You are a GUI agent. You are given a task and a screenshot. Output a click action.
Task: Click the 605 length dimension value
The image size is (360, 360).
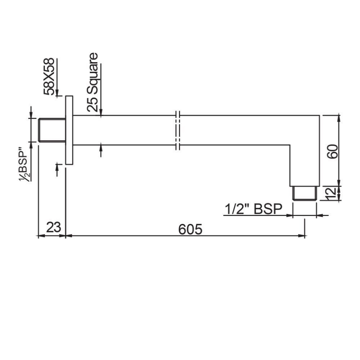click(x=190, y=229)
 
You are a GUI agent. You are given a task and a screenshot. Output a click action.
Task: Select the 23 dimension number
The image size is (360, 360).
click(x=54, y=227)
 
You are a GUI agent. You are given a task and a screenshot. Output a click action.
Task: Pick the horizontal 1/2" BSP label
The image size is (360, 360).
click(x=253, y=209)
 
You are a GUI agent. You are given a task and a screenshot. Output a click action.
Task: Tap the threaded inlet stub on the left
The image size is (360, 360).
click(x=52, y=130)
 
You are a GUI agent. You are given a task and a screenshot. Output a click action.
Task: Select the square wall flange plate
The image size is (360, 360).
click(x=69, y=130)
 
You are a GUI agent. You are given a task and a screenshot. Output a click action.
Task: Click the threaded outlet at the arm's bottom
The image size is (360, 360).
click(x=304, y=193)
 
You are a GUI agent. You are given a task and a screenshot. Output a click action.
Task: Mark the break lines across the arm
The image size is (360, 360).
click(x=178, y=130)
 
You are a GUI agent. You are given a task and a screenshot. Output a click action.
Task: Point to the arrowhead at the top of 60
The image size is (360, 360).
click(x=339, y=117)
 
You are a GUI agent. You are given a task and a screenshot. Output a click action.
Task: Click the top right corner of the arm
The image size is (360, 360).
click(x=319, y=115)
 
